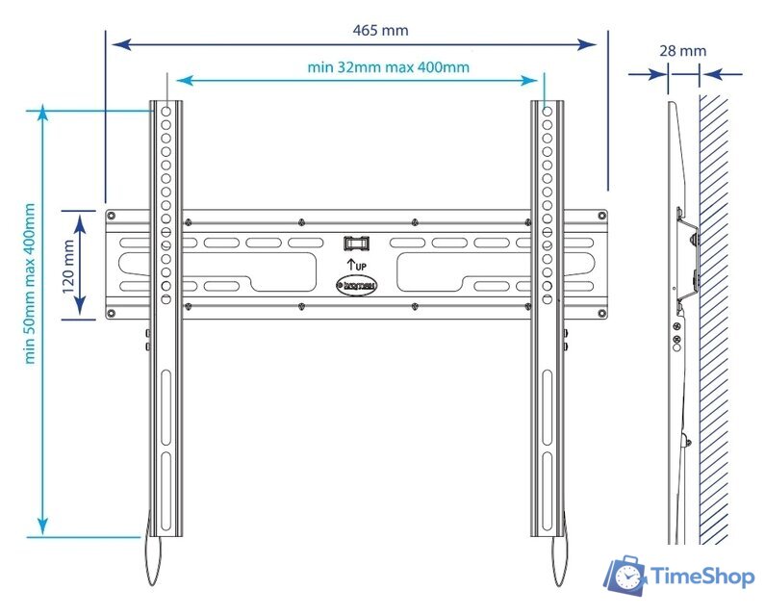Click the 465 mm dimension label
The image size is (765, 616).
[380, 30]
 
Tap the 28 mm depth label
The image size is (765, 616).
[683, 50]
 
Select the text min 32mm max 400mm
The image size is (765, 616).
[388, 66]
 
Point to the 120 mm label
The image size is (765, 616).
[68, 267]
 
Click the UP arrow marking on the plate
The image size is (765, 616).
[355, 262]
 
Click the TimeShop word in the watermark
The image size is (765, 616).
[702, 577]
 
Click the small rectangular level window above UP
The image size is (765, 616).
[355, 243]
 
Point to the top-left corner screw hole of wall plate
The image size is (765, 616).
[112, 216]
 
